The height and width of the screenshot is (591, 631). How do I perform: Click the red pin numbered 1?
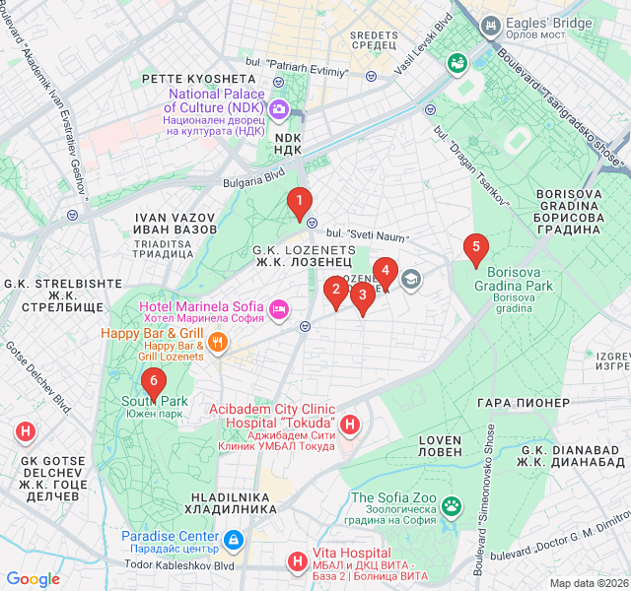(x=300, y=202)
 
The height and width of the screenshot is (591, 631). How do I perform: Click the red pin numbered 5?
(x=476, y=248)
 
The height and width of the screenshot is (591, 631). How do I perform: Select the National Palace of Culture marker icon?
(x=279, y=108)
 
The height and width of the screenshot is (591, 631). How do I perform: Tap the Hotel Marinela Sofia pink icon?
(x=279, y=310)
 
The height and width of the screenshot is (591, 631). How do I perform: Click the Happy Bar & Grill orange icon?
(x=219, y=343)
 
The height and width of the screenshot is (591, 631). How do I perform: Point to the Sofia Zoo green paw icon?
(x=452, y=506)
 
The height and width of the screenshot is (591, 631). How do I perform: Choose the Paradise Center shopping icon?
(x=233, y=540)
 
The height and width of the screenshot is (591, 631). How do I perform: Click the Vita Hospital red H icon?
(x=296, y=562)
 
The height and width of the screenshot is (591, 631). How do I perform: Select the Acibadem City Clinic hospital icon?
(x=351, y=426)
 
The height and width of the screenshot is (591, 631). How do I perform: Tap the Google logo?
(x=34, y=579)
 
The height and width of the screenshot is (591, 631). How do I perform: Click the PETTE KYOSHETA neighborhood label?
(x=198, y=78)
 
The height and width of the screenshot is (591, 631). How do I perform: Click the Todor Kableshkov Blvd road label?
(x=179, y=566)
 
